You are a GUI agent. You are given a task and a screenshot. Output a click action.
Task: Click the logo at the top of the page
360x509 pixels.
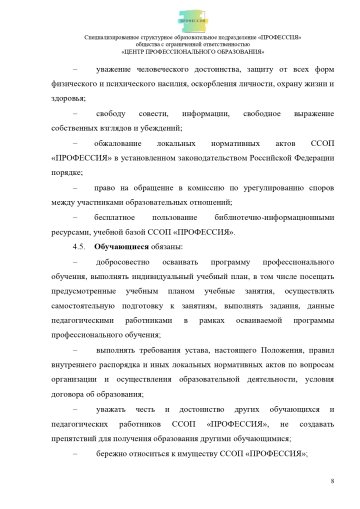180,15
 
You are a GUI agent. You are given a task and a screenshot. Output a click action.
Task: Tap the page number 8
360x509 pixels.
331,482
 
